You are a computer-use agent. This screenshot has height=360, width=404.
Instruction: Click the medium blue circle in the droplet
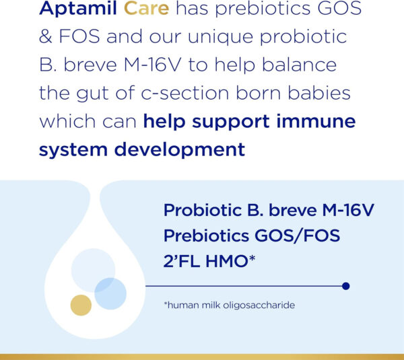(x=110, y=293)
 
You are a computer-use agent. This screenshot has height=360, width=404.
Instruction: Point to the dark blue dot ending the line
(x=346, y=286)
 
